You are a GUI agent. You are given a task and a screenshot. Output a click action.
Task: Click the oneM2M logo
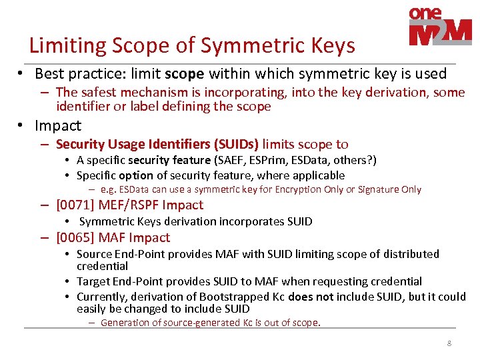point(439,28)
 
